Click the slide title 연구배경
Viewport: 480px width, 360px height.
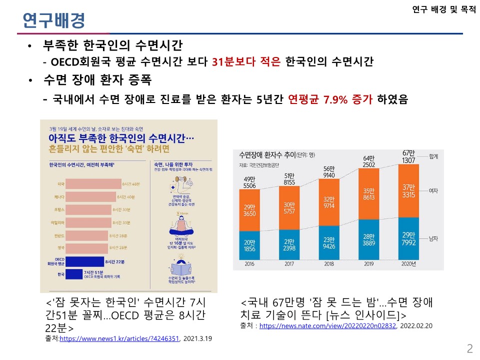tap(54, 20)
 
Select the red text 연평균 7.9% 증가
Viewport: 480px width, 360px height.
tap(331, 99)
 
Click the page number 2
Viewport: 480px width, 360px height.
tap(469, 348)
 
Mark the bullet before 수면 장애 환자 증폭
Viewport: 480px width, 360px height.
tap(30, 80)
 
